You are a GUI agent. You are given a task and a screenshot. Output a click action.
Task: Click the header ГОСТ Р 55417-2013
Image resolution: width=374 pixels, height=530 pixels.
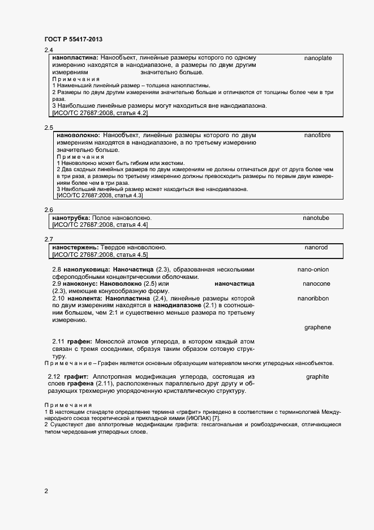pos(73,39)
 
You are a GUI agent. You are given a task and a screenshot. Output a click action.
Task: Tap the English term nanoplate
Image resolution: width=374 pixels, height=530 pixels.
pos(317,58)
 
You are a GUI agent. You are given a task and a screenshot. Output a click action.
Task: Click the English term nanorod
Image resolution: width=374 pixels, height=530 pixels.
pos(316,248)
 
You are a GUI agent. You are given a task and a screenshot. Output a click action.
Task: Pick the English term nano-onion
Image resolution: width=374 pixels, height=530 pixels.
pos(313,270)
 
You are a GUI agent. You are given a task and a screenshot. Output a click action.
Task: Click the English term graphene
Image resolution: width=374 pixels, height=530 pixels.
pos(317,328)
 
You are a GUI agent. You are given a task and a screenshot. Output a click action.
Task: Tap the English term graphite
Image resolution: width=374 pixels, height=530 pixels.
pos(317,376)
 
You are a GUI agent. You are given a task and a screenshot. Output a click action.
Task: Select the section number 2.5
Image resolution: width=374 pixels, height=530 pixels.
pos(49,128)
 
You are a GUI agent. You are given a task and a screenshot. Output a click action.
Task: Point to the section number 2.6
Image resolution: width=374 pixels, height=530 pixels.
pos(49,210)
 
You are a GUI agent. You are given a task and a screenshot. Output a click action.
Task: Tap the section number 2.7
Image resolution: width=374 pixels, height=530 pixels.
pos(49,240)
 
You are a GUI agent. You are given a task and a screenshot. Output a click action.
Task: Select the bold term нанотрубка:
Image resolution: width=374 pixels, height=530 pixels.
pos(72,218)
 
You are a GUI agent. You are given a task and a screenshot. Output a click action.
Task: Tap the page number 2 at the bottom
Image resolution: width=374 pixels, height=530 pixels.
pos(46,491)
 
